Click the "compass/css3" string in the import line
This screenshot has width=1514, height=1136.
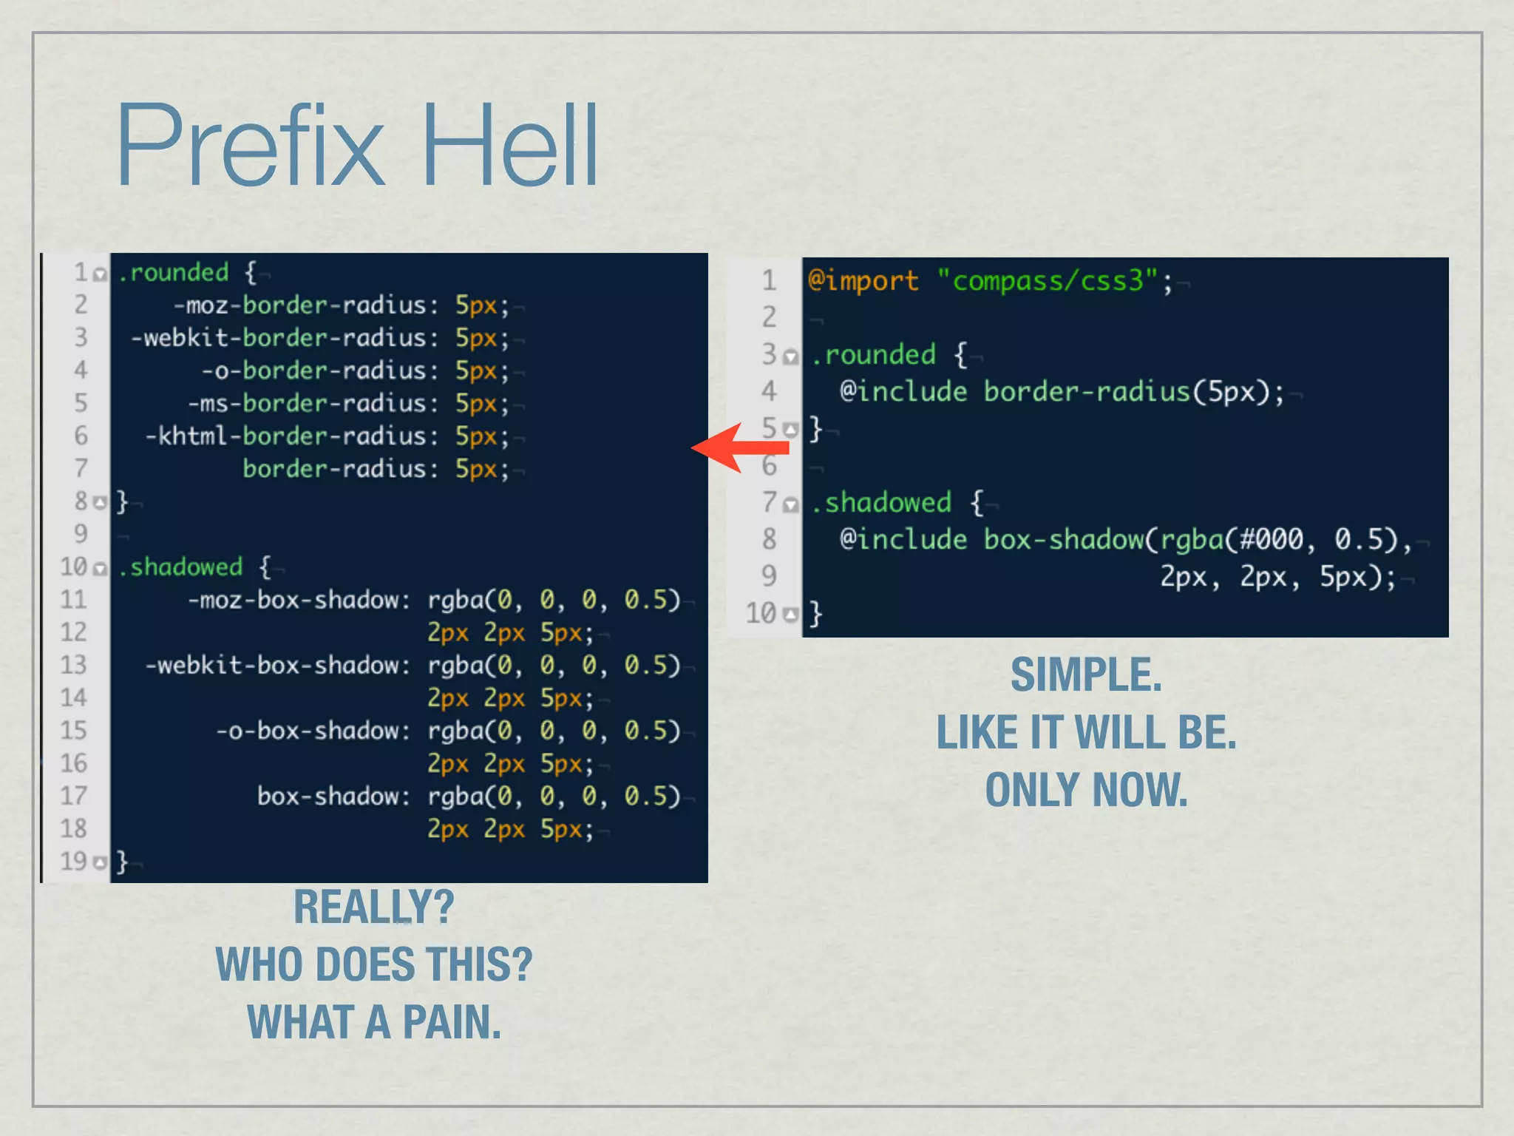(1047, 281)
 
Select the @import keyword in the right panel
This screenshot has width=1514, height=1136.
(863, 281)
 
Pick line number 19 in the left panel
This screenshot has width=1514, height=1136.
(73, 861)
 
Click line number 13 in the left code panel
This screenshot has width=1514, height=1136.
(73, 665)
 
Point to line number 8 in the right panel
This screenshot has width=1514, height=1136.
(769, 539)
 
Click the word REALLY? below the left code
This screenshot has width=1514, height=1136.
(373, 907)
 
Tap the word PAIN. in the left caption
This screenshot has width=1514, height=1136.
(452, 1022)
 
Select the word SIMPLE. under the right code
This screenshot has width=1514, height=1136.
(1086, 675)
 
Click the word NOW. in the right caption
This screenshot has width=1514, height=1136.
(1139, 790)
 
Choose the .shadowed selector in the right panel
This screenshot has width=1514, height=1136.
(881, 503)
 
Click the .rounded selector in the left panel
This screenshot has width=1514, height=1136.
(174, 273)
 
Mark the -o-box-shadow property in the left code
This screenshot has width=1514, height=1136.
(312, 731)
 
